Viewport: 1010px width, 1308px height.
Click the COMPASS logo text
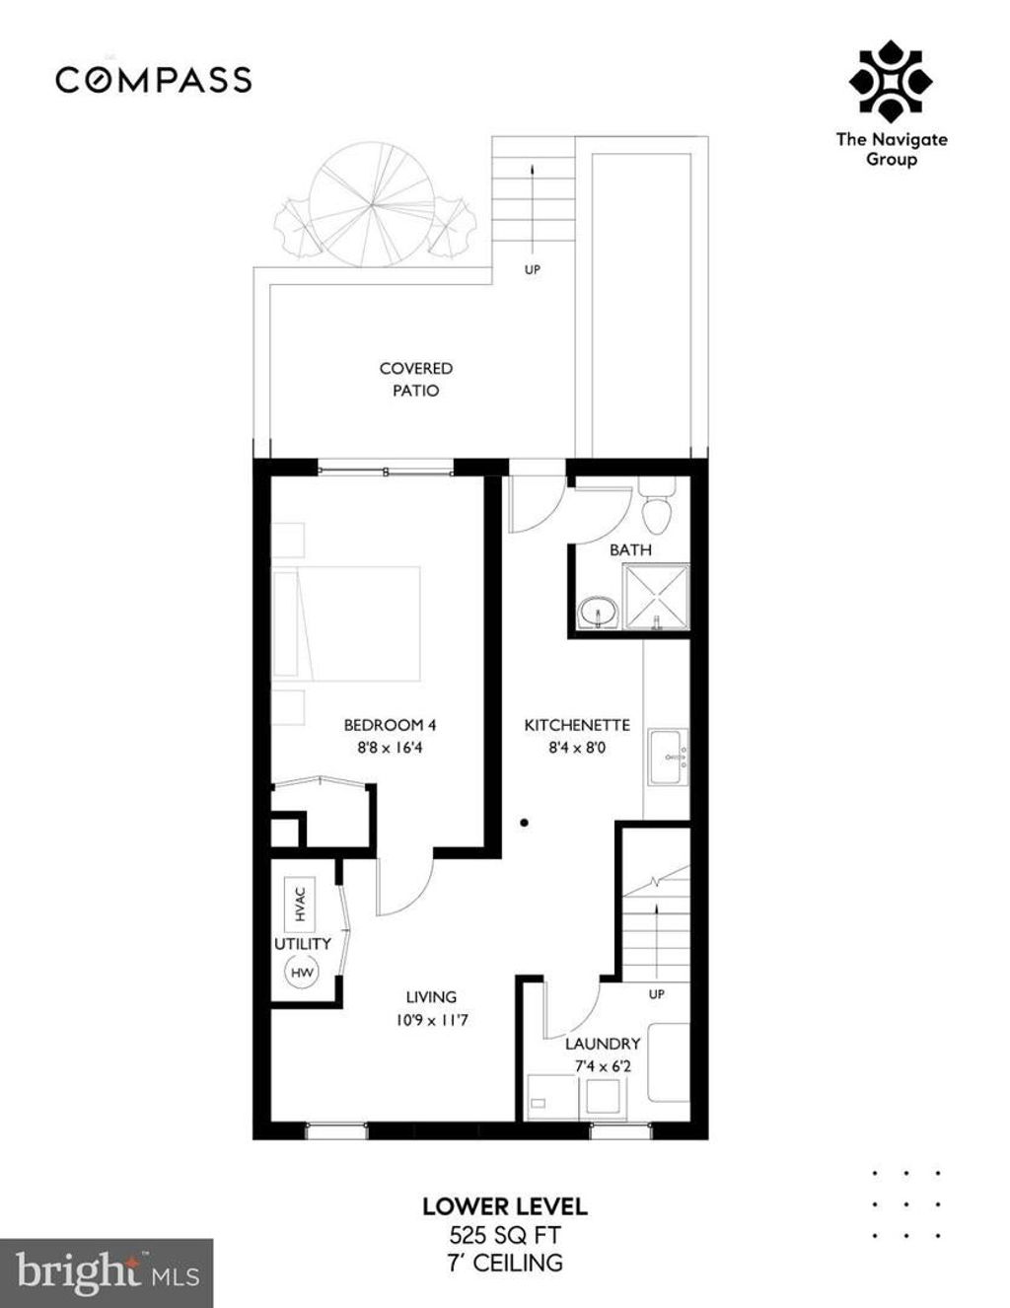[x=154, y=80]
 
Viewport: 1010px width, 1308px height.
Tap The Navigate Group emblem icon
[x=891, y=84]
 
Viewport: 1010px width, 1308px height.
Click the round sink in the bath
[x=597, y=614]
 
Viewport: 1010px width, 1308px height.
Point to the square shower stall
[x=657, y=597]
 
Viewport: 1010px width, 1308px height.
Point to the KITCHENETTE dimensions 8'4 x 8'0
[x=577, y=748]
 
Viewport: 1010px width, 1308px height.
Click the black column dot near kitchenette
[x=525, y=822]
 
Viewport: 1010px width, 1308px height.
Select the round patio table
[x=372, y=204]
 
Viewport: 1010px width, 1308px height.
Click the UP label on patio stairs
[x=532, y=269]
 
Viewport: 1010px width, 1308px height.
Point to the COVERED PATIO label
[x=416, y=379]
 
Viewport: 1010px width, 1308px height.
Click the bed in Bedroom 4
[x=347, y=623]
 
